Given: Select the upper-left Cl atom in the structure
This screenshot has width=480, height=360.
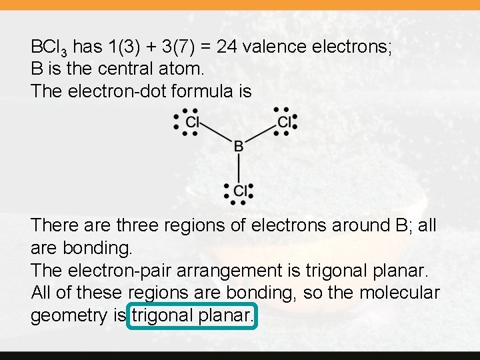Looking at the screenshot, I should click(x=193, y=122).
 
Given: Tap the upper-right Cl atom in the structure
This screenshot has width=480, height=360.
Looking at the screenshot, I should click(x=285, y=122).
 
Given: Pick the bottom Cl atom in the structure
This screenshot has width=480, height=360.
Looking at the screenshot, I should click(x=241, y=191).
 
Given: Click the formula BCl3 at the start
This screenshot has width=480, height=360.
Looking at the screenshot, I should click(x=49, y=48).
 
